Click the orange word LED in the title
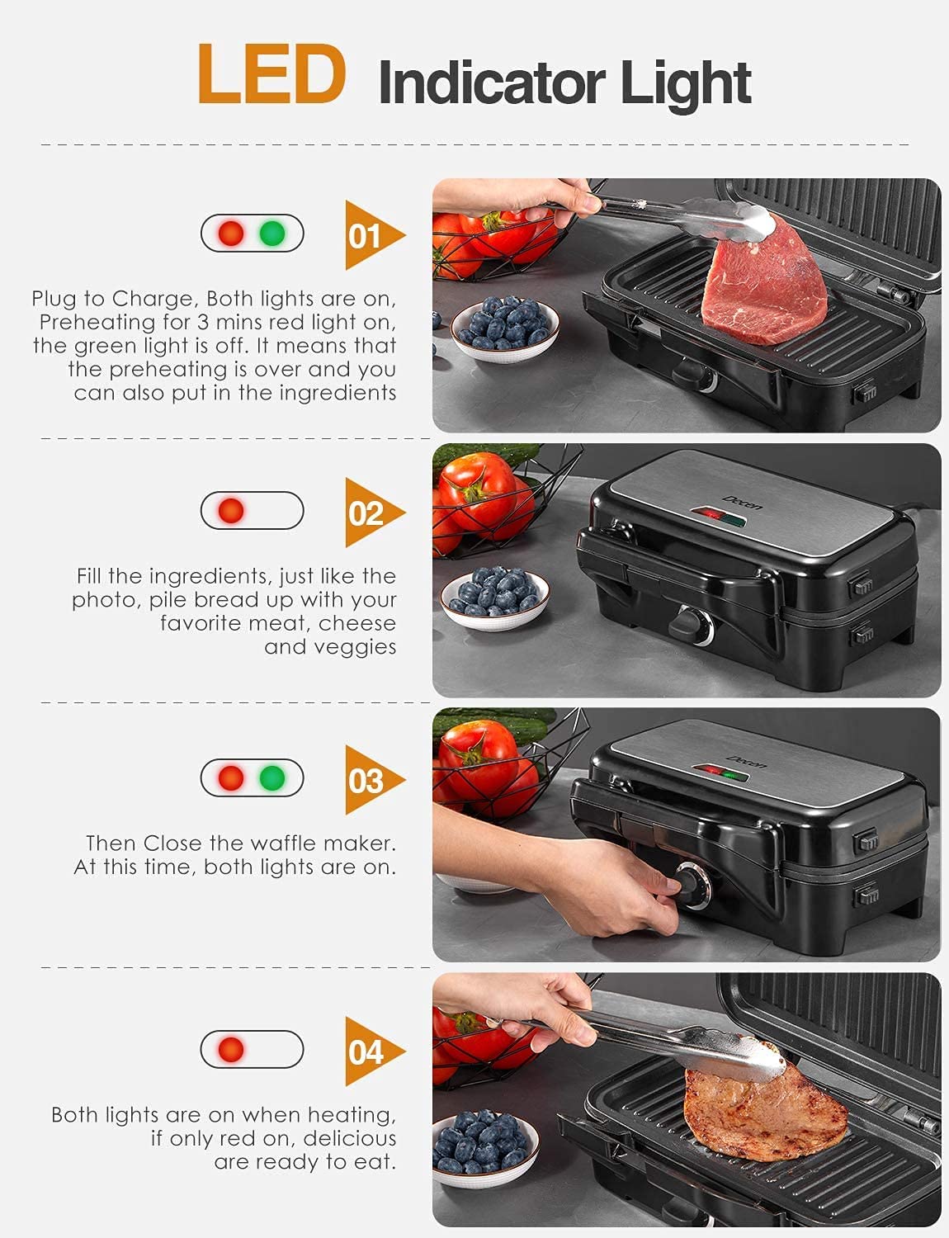271,75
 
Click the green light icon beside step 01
272,234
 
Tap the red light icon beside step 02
231,511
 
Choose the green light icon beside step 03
272,777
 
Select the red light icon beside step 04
231,1050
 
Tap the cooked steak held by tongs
764,1106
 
